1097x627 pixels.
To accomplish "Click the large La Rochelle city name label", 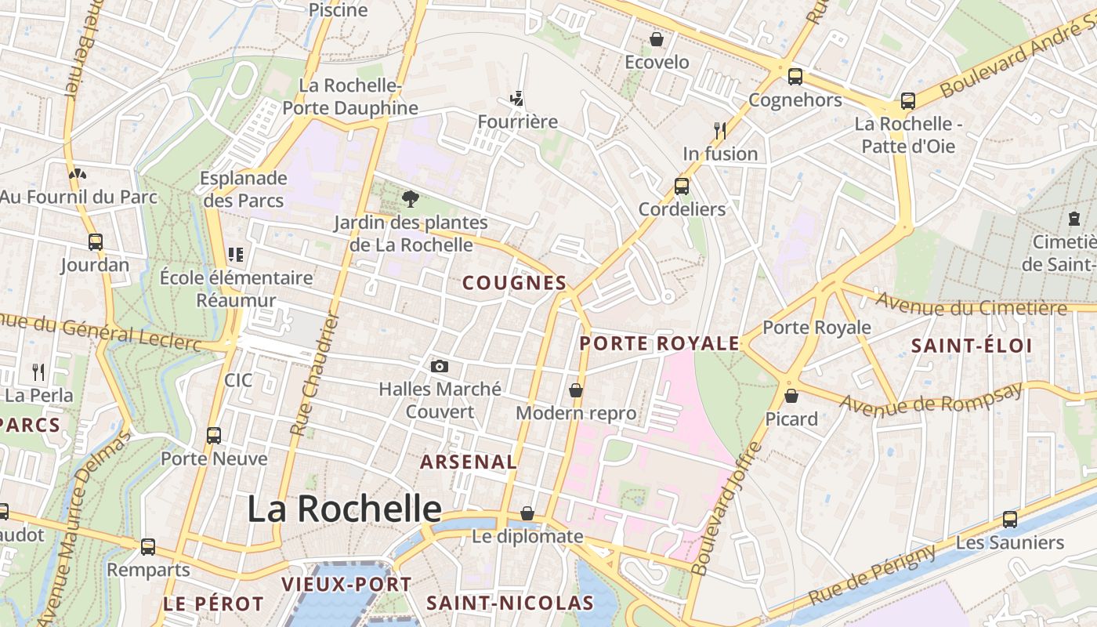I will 345,509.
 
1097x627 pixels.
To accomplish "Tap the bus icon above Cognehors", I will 795,77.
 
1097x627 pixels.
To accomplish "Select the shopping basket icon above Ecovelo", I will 657,39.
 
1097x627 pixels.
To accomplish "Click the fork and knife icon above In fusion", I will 720,130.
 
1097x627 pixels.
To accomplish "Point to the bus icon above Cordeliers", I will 682,187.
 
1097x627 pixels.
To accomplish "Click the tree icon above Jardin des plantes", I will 410,199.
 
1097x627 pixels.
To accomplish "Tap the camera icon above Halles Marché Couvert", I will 440,366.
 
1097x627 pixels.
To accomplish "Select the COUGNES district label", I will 514,283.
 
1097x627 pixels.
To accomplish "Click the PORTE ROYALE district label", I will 660,343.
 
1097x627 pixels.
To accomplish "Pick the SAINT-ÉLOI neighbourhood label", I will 972,346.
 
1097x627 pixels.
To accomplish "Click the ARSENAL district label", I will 469,462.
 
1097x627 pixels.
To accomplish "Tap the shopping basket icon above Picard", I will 791,396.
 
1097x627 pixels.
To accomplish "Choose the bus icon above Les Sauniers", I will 1010,519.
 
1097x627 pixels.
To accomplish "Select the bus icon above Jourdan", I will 96,242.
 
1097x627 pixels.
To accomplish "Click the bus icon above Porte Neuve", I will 214,436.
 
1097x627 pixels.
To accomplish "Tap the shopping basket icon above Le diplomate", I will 528,513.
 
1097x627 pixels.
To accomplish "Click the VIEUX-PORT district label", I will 346,584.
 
